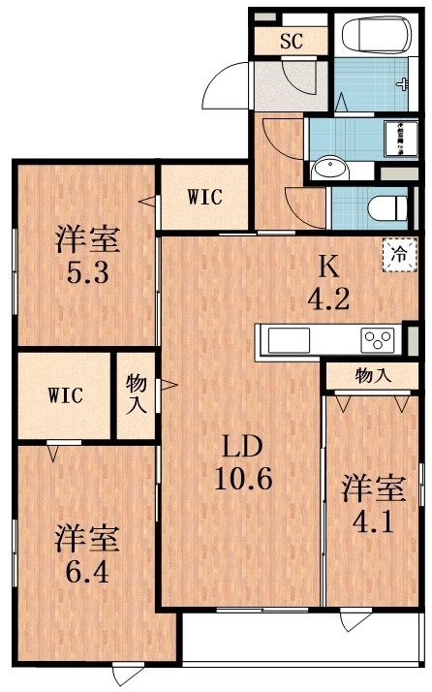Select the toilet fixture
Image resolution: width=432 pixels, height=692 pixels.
pyautogui.click(x=387, y=206)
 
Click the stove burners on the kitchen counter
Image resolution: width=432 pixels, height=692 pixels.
pyautogui.click(x=378, y=340)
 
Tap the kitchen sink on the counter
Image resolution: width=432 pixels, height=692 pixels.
pyautogui.click(x=289, y=340)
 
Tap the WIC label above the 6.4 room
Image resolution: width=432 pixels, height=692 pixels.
pyautogui.click(x=66, y=395)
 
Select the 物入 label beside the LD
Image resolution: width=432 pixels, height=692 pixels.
pyautogui.click(x=137, y=393)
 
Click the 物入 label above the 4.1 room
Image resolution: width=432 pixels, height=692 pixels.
pyautogui.click(x=373, y=375)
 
